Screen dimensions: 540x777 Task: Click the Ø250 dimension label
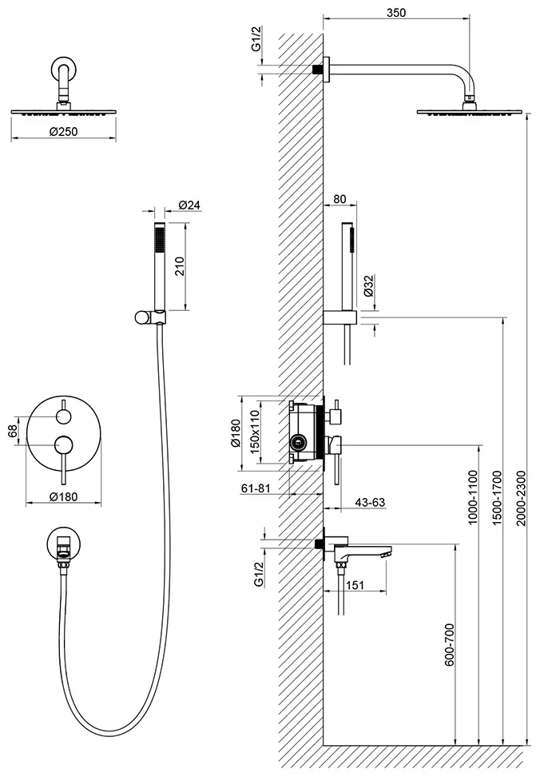click(64, 131)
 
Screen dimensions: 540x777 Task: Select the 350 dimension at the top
click(396, 12)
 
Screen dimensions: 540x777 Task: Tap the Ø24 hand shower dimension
click(189, 205)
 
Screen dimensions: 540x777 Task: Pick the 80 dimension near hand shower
click(339, 199)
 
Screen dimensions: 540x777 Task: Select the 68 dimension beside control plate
click(14, 431)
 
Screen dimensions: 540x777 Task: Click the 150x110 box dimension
click(255, 429)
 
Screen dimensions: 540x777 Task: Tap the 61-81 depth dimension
click(256, 488)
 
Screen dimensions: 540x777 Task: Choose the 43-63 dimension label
click(370, 503)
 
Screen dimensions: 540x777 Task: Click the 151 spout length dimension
click(355, 585)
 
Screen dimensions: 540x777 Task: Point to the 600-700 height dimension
click(449, 644)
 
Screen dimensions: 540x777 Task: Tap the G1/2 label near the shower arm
click(256, 39)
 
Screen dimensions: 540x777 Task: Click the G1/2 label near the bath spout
click(259, 575)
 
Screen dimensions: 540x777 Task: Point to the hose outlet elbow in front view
click(62, 548)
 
